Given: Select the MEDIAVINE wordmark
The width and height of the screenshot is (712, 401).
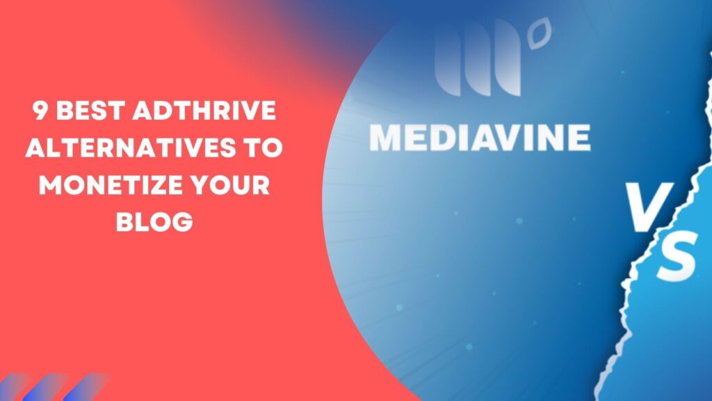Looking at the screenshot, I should coord(480,138).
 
